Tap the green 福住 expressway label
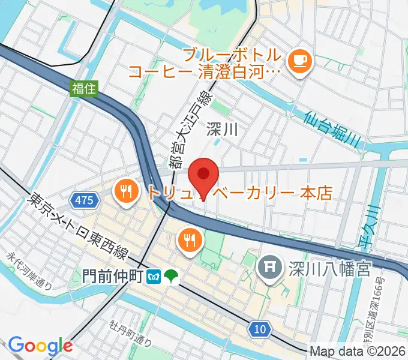84,89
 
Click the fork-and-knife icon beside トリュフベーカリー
125,192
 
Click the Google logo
40,345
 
